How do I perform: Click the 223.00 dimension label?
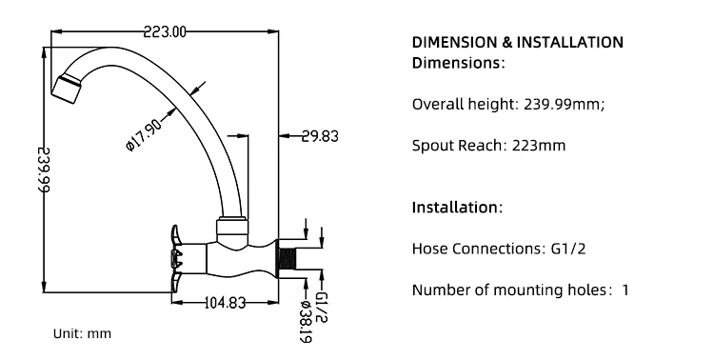point(165,31)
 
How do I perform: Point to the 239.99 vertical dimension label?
point(44,170)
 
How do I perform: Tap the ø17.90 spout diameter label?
point(144,134)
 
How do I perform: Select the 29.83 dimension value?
point(320,136)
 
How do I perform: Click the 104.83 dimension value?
point(225,302)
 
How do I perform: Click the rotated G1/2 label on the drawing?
point(321,308)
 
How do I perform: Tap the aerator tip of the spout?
point(67,88)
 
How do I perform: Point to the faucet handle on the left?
point(178,259)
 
